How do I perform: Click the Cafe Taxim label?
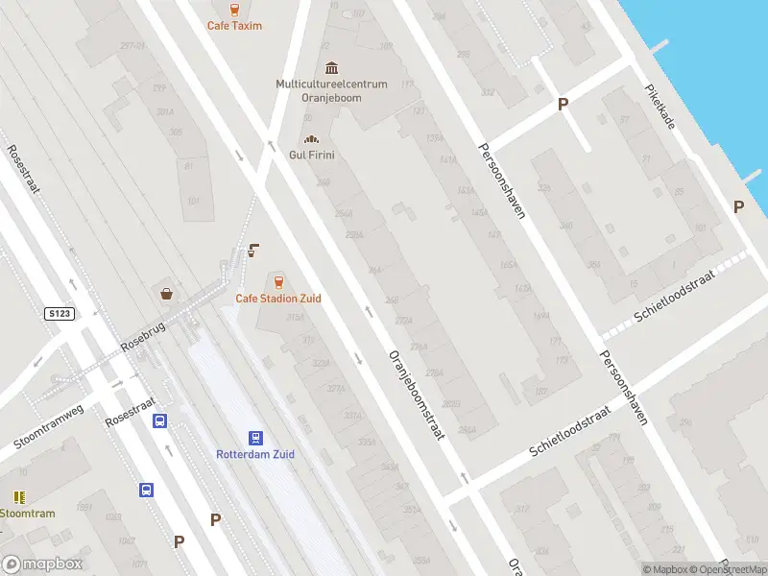234,26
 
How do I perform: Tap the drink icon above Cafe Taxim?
234,8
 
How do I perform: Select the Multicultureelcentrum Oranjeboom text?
331,90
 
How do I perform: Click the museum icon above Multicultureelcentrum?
331,67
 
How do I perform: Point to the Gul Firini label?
311,156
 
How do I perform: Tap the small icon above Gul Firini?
310,138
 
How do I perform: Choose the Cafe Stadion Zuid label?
278,299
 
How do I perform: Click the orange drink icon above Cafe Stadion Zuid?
278,281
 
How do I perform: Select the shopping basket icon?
168,294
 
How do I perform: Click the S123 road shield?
60,314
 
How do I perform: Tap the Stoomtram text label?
27,514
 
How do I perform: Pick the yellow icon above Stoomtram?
19,497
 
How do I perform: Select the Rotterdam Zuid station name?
255,454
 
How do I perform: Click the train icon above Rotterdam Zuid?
255,437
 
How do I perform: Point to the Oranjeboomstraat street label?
416,394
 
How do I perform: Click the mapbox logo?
42,564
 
